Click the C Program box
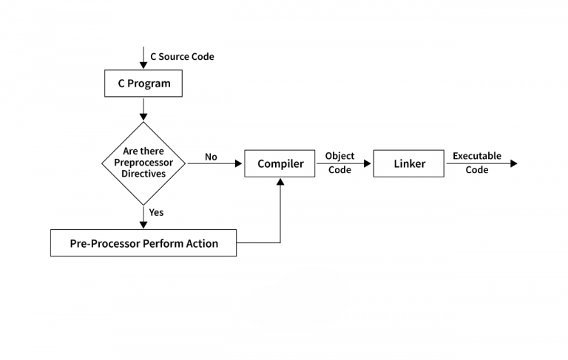point(143,84)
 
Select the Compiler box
point(280,163)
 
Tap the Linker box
point(409,163)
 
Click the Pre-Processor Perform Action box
point(143,242)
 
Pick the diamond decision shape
point(143,163)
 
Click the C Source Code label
point(182,56)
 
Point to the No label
point(211,157)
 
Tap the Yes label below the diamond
point(156,212)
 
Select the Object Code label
point(339,163)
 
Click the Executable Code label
point(476,163)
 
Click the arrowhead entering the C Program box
point(143,65)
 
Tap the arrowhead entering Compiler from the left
point(239,163)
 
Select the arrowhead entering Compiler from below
point(280,182)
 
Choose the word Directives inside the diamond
point(143,174)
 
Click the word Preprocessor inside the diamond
point(143,163)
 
